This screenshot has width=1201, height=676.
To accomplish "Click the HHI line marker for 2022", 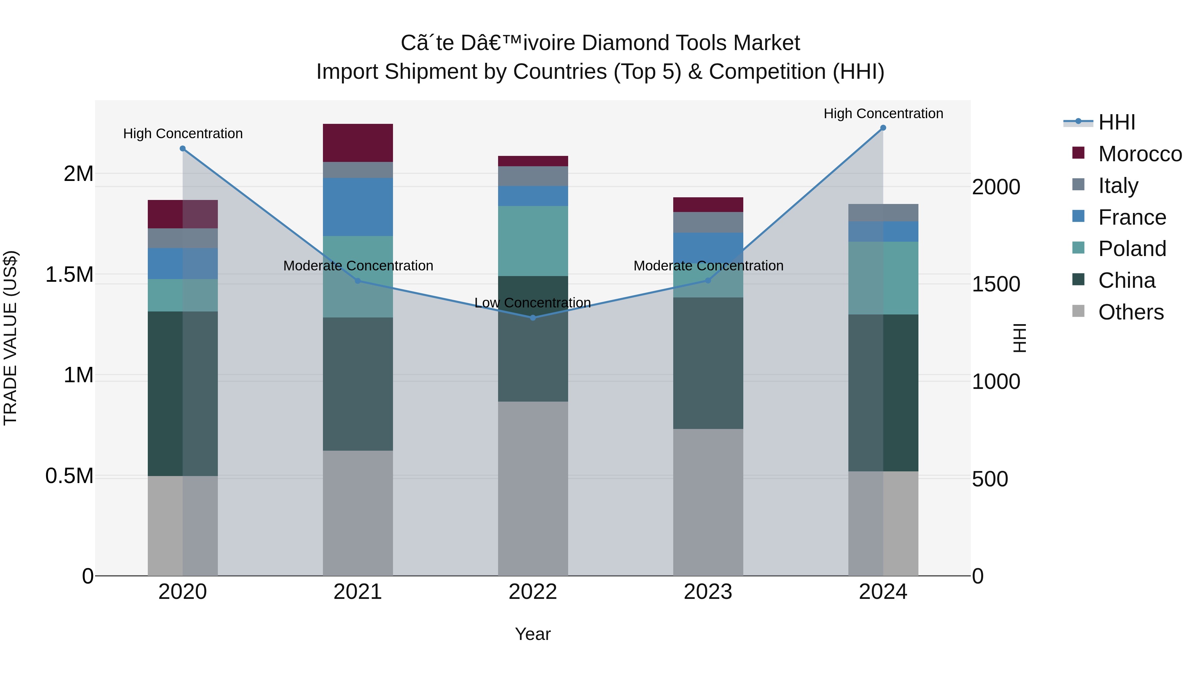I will pyautogui.click(x=533, y=318).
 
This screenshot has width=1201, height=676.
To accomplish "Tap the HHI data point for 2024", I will pyautogui.click(x=883, y=128).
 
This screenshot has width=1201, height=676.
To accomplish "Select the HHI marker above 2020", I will pyautogui.click(x=183, y=149).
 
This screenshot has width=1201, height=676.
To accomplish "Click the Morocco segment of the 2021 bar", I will pyautogui.click(x=358, y=143).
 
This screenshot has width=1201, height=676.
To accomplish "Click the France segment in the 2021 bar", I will pyautogui.click(x=358, y=207).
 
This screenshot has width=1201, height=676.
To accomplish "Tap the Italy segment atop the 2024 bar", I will pyautogui.click(x=883, y=213).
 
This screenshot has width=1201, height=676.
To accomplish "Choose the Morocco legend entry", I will pyautogui.click(x=1140, y=154).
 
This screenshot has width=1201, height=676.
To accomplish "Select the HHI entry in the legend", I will pyautogui.click(x=1116, y=122).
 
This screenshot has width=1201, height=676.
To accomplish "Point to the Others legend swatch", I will pyautogui.click(x=1078, y=311).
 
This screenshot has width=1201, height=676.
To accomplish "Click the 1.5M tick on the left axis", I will pyautogui.click(x=69, y=274).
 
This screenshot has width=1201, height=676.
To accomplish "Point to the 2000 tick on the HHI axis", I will pyautogui.click(x=996, y=187).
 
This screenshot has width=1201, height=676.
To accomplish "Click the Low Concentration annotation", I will pyautogui.click(x=532, y=303).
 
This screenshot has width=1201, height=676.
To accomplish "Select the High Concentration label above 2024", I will pyautogui.click(x=883, y=114).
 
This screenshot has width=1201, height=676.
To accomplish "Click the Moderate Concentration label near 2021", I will pyautogui.click(x=358, y=265).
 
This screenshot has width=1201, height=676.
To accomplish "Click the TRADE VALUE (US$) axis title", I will pyautogui.click(x=10, y=338).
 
